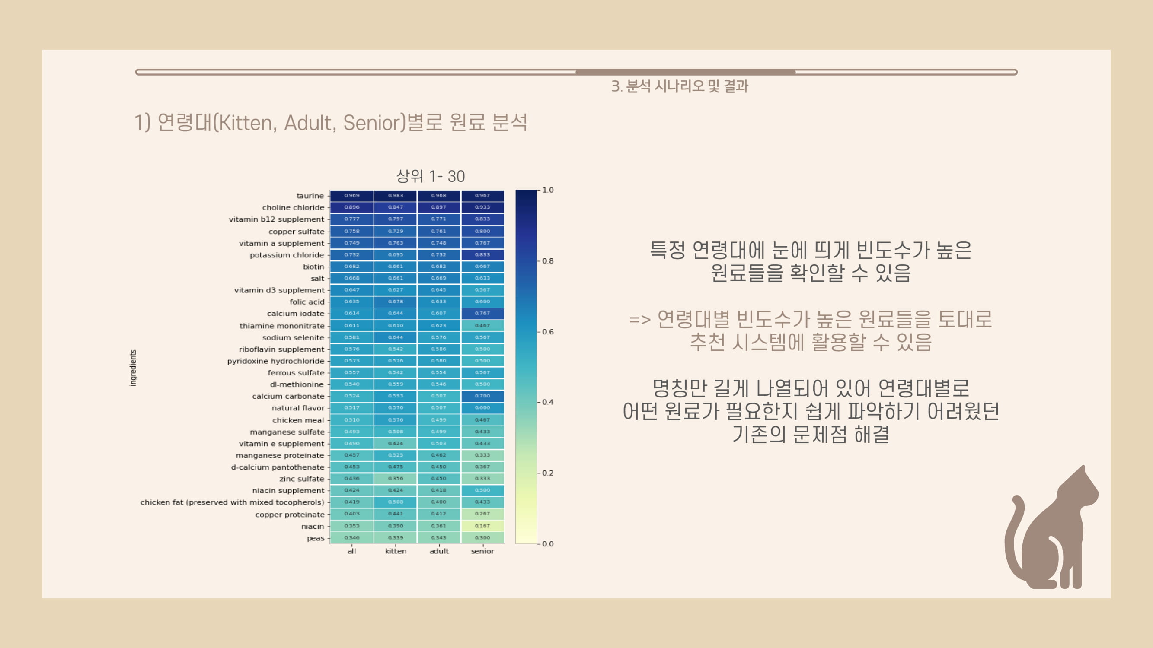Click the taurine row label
pos(310,196)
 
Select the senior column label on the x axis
pos(482,551)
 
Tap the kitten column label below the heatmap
pos(396,551)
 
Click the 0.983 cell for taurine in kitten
pos(396,195)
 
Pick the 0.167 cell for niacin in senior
pos(482,526)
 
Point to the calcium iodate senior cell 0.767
pos(482,314)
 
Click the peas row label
pos(316,538)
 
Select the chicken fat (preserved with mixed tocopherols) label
pos(232,502)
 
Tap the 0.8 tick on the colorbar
pos(547,261)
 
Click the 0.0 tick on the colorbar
pos(547,544)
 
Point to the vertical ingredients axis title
pos(133,368)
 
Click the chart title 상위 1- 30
pos(431,176)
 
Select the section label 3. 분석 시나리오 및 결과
pos(680,86)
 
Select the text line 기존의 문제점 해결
pos(811,434)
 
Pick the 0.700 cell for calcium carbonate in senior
pos(482,396)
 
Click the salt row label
pos(317,279)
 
